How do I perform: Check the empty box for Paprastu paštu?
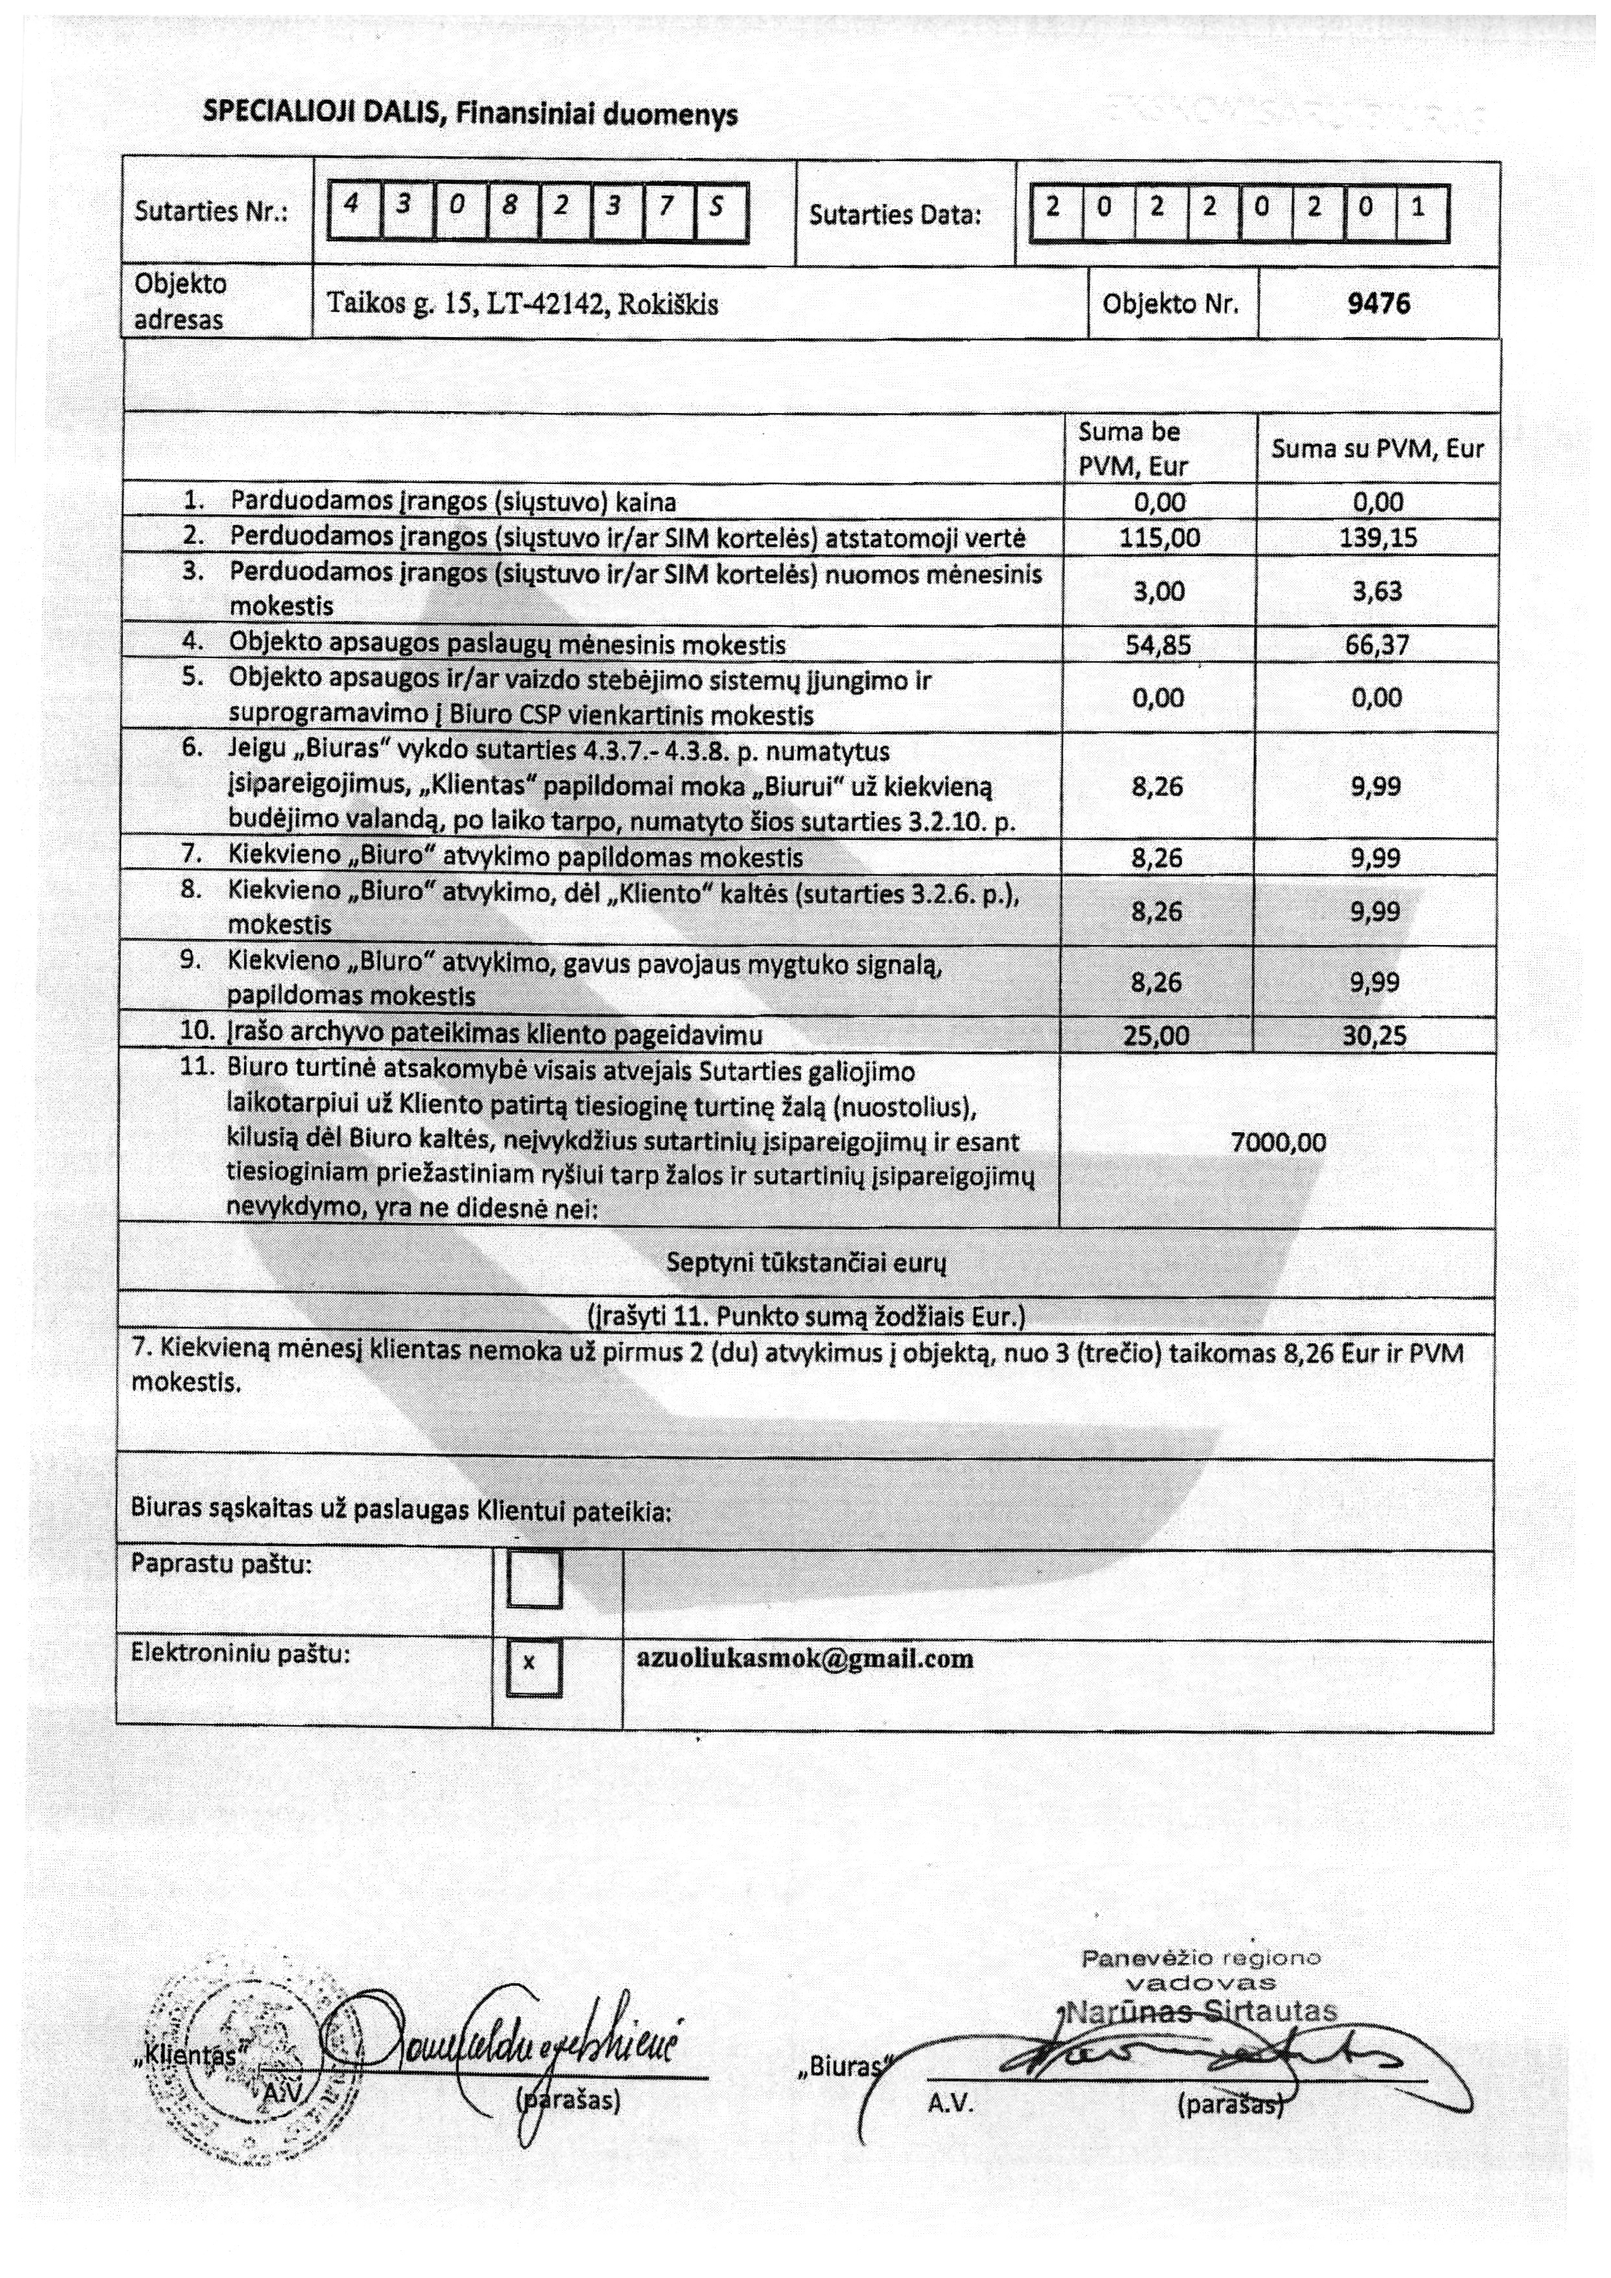point(534,1578)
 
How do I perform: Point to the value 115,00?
point(1160,538)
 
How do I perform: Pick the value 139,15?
point(1378,538)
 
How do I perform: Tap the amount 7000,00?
point(1278,1142)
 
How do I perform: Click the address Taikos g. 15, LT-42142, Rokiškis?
point(522,303)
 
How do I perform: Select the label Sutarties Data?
point(895,214)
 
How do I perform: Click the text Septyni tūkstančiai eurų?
point(805,1263)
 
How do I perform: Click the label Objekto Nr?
point(1171,303)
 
